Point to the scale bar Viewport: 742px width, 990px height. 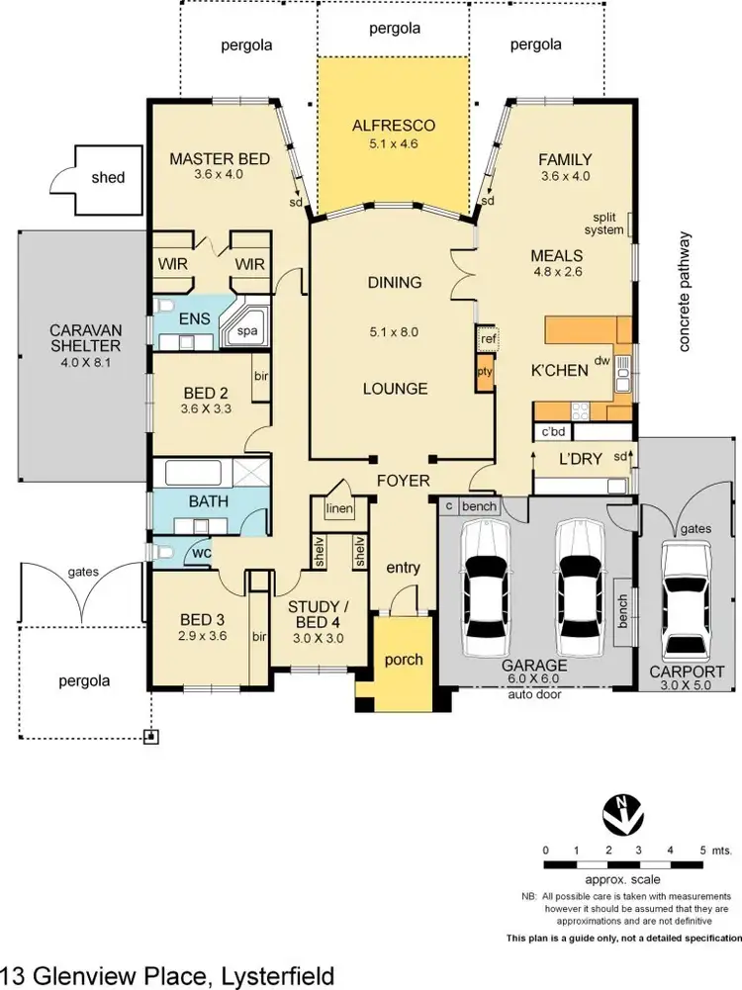click(x=622, y=865)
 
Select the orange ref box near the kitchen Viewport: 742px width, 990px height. click(x=486, y=339)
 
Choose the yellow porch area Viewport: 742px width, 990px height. click(x=404, y=660)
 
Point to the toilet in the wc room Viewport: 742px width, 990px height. click(x=163, y=551)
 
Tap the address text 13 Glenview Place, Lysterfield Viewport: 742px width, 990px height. click(x=168, y=975)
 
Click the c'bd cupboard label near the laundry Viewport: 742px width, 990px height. click(x=550, y=431)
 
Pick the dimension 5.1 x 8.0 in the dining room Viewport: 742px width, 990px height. click(x=395, y=332)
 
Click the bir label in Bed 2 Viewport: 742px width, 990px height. click(x=261, y=377)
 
